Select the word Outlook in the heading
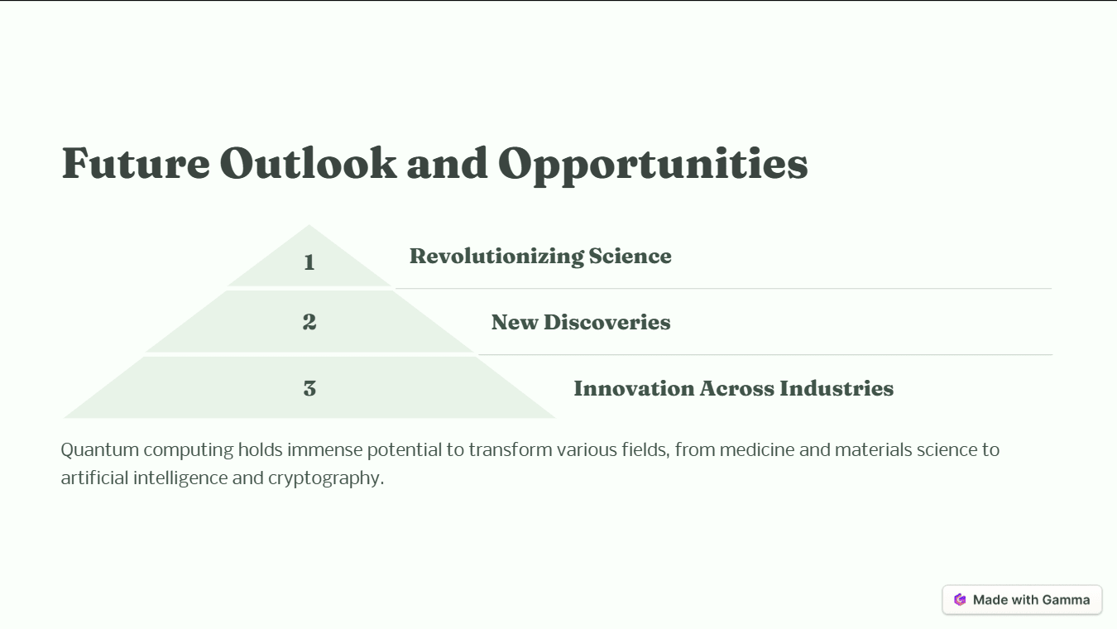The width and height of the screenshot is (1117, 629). click(308, 163)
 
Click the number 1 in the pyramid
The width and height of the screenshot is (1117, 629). click(309, 262)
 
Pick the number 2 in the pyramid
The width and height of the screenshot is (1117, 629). click(309, 322)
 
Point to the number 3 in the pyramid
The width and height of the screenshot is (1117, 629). click(309, 388)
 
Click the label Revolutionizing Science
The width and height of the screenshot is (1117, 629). click(540, 257)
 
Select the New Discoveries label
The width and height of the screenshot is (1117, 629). click(580, 323)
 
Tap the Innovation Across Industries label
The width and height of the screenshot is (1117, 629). click(733, 388)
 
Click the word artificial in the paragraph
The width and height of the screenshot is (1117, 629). click(94, 478)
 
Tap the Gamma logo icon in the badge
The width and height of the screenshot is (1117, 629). click(960, 600)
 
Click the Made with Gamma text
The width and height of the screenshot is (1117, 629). click(1031, 600)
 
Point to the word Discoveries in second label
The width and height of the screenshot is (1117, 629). click(606, 323)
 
